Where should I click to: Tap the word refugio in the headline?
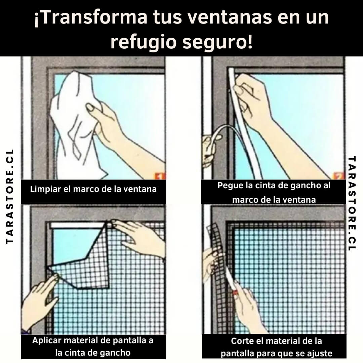[x=143, y=43]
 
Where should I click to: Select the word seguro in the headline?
[x=217, y=43]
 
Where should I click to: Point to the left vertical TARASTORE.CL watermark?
[x=9, y=196]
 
